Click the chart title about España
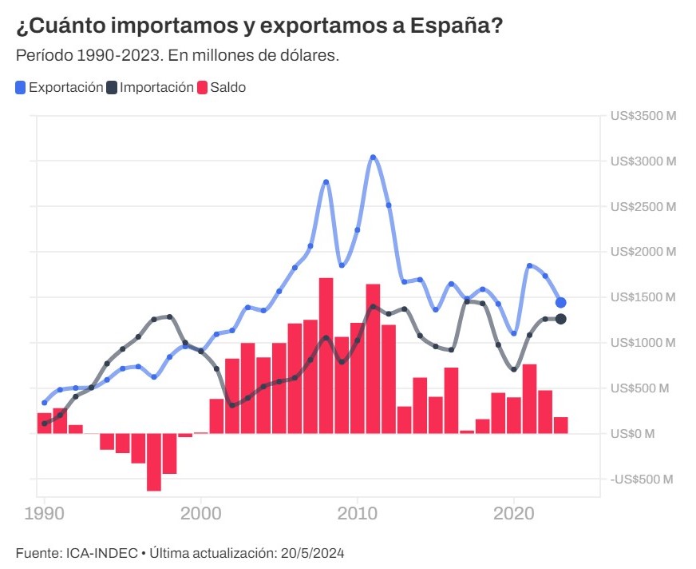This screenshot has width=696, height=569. click(x=259, y=26)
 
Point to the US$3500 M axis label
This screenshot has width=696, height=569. click(x=643, y=116)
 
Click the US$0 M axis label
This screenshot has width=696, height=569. click(x=632, y=434)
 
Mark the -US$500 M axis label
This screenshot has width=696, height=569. click(x=640, y=479)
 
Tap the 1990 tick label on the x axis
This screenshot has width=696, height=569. click(x=44, y=513)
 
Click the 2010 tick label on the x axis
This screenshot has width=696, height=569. click(x=358, y=513)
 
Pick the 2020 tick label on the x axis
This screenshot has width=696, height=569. click(x=515, y=513)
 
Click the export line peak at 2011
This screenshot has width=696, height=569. click(x=373, y=157)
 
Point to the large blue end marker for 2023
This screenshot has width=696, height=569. click(x=561, y=303)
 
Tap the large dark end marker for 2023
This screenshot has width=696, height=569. click(x=561, y=320)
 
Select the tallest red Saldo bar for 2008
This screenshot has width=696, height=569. click(x=326, y=356)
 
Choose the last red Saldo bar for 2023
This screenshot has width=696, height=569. click(x=561, y=425)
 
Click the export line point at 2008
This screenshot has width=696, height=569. click(x=326, y=182)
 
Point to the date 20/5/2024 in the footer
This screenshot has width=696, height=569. click(x=315, y=553)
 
